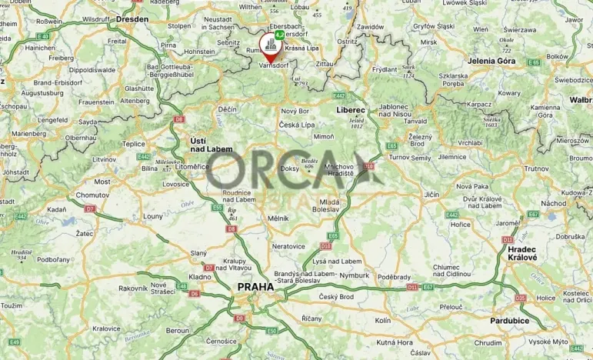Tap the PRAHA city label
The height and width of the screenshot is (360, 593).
255,287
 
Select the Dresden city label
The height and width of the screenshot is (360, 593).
133,19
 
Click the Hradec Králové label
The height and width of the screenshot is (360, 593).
521,254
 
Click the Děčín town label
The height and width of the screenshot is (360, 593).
227,109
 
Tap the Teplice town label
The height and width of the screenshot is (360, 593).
133,143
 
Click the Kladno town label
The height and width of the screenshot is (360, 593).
200,276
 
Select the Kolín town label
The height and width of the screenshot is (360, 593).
382,319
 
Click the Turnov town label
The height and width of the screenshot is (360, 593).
400,157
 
